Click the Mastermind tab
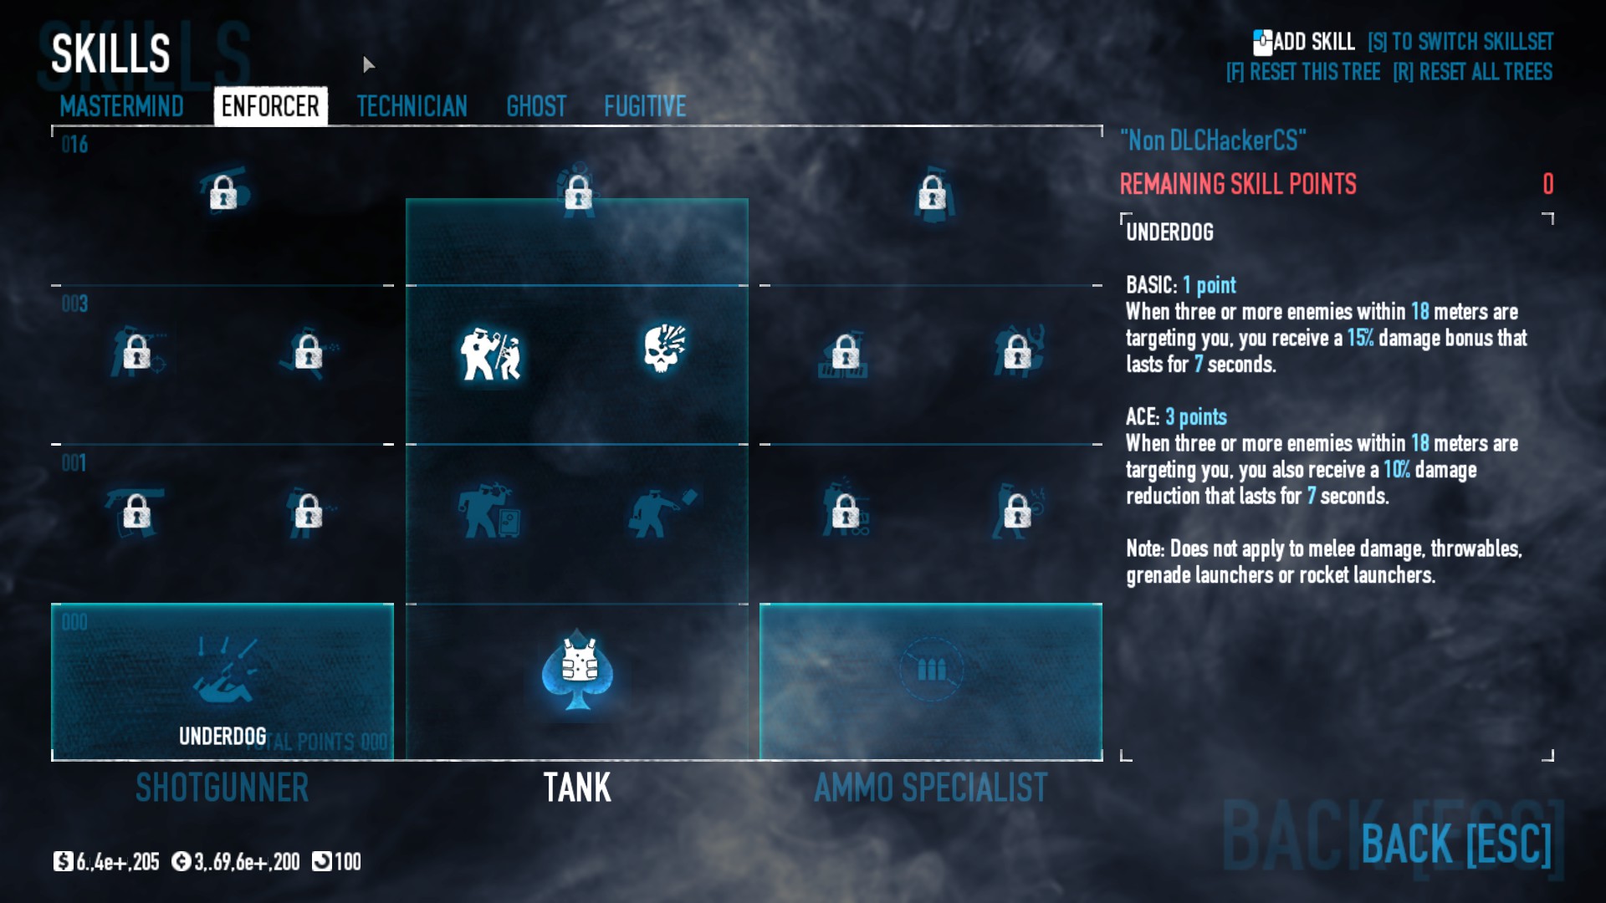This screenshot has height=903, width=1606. point(121,106)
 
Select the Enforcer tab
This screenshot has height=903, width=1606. point(270,106)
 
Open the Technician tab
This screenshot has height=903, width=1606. point(412,106)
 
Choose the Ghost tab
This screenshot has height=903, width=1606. point(536,106)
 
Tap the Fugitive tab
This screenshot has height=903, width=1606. point(645,106)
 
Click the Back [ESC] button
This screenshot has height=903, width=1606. point(1455,844)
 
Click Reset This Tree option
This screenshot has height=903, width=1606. point(1303,72)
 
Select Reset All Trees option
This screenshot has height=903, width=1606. point(1472,72)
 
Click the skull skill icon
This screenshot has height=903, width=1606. point(665,349)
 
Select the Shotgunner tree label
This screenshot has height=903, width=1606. point(222,788)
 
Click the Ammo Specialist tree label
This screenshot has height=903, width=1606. point(930,788)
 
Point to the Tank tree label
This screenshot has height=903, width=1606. point(577,788)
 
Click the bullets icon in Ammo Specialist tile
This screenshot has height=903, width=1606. point(931,669)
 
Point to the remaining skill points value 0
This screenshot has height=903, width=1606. point(1547,184)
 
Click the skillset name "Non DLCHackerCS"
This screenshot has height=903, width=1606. point(1212,140)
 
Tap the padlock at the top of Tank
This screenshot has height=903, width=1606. point(578,194)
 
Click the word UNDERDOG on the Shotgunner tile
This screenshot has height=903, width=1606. point(222,736)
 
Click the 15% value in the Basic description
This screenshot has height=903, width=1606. point(1360,338)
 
